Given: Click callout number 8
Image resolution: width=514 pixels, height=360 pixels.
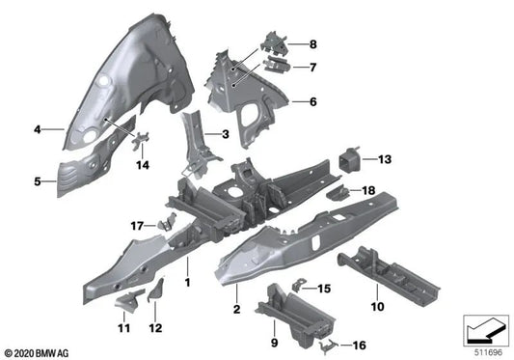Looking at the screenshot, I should pyautogui.click(x=311, y=45).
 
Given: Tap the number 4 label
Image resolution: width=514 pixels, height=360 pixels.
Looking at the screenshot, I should pyautogui.click(x=37, y=127).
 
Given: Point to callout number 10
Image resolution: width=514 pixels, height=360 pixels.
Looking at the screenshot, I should pyautogui.click(x=377, y=307).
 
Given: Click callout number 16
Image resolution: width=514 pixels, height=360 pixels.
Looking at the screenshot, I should pyautogui.click(x=361, y=345).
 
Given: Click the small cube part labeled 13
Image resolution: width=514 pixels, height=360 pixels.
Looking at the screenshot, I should pyautogui.click(x=351, y=159).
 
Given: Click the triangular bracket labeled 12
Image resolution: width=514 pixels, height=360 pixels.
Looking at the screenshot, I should pyautogui.click(x=157, y=290).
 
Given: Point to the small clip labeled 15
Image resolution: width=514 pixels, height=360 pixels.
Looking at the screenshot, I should pyautogui.click(x=298, y=286).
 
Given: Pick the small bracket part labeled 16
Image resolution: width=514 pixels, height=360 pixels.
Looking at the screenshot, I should pyautogui.click(x=332, y=344).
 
